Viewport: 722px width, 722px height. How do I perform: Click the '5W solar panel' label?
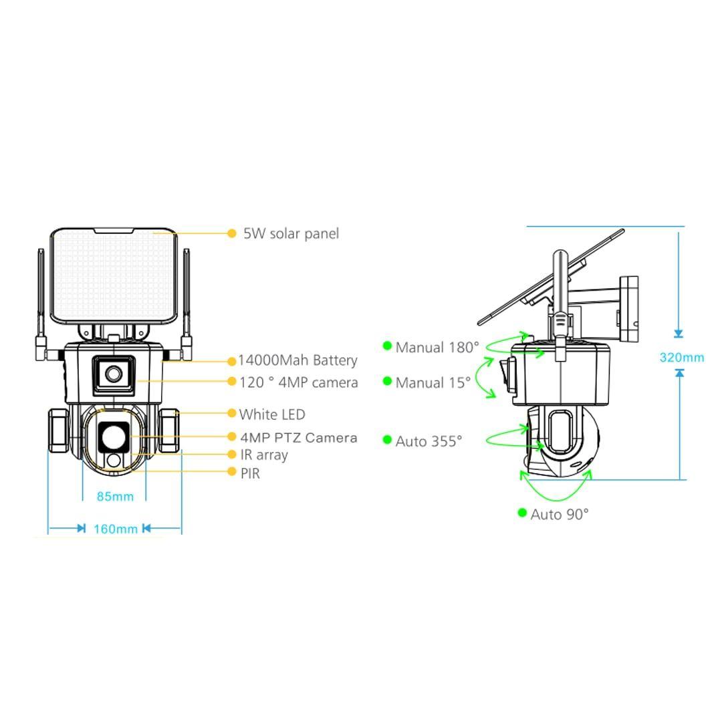click(291, 233)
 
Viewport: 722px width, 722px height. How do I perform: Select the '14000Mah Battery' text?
click(297, 360)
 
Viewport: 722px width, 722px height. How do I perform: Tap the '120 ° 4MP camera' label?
click(299, 382)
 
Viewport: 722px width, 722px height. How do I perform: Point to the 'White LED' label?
click(272, 414)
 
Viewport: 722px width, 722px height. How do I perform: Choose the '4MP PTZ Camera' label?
click(299, 438)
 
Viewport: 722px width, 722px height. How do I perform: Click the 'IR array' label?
click(264, 455)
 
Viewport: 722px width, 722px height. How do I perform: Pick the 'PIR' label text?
click(250, 473)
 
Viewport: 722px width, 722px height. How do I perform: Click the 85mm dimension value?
click(115, 496)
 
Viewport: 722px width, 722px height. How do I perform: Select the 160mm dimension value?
click(116, 529)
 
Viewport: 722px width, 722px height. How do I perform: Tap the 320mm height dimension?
click(682, 357)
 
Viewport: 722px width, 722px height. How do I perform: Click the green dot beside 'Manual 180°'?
click(387, 346)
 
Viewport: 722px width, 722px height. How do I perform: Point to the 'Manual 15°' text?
click(433, 383)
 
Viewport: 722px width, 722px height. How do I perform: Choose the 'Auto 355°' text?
click(429, 441)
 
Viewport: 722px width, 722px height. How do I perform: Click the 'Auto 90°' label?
click(560, 514)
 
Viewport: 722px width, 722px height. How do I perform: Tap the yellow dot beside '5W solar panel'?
click(232, 233)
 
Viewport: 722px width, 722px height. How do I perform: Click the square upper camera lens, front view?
click(113, 372)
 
